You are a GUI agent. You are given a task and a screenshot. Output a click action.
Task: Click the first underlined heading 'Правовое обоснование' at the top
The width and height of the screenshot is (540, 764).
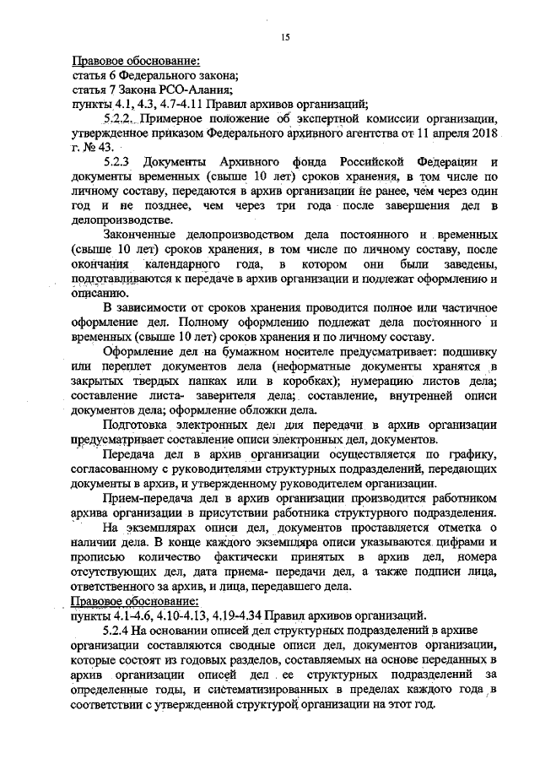[135, 62]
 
